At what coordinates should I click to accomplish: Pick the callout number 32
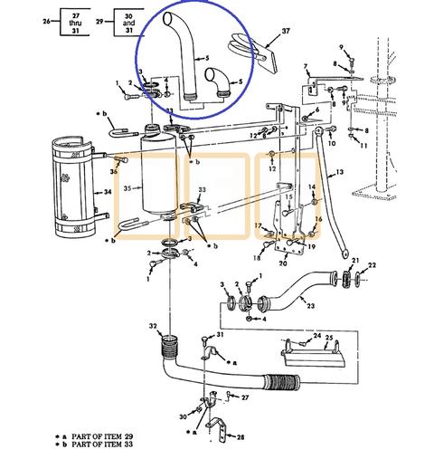coord(154,327)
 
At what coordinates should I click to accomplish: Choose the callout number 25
coord(330,340)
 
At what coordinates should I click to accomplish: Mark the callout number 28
coord(241,437)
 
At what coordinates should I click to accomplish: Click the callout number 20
coord(283,263)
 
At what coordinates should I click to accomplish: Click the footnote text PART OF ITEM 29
coord(99,435)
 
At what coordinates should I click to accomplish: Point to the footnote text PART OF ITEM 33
coord(99,445)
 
